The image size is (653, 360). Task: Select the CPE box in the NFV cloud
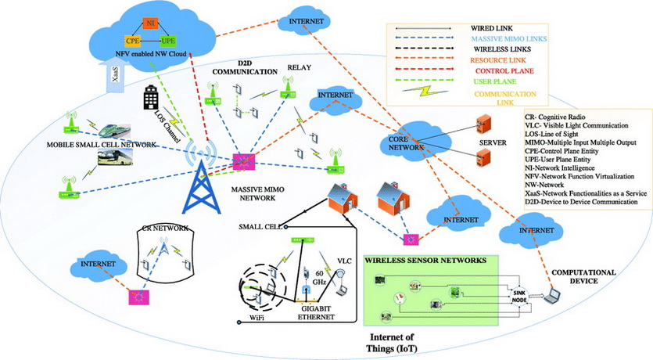[133, 41]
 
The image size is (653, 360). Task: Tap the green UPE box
[167, 40]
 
